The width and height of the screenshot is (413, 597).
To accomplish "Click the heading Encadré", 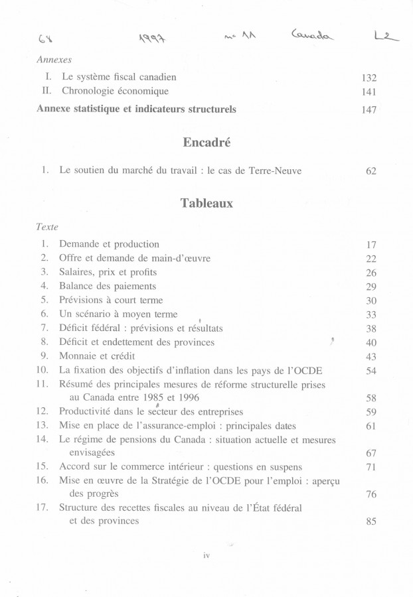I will (x=206, y=143).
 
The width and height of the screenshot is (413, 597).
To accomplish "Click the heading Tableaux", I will (x=206, y=204).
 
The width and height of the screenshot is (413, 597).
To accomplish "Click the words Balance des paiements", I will (x=108, y=286).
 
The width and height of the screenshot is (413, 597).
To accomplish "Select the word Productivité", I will (x=86, y=411).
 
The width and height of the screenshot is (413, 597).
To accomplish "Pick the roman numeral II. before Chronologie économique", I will (x=46, y=92).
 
